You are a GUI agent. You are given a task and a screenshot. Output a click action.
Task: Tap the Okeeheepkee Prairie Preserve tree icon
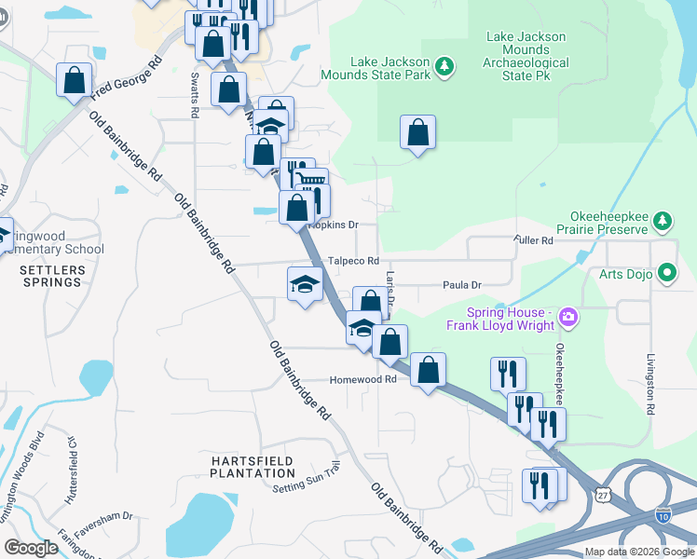662,221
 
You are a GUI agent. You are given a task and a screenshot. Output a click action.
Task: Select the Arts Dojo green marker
667,273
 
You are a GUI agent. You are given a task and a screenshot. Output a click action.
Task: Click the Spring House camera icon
567,320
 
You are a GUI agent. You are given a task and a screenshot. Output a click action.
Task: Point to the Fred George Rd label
127,77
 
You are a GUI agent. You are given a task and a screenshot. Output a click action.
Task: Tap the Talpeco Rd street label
353,262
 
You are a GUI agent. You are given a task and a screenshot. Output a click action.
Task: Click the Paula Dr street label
461,285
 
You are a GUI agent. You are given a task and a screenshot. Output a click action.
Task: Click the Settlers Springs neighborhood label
52,276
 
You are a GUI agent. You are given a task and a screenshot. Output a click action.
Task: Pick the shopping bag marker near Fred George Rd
74,79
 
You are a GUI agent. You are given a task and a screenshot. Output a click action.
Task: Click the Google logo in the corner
32,548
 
